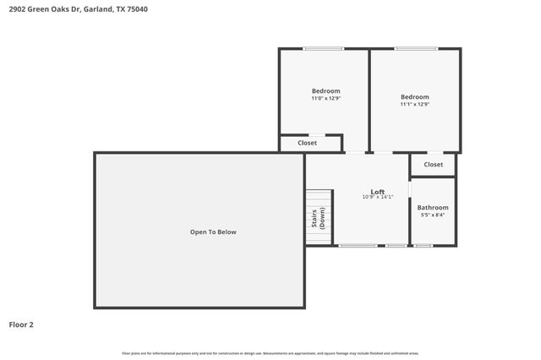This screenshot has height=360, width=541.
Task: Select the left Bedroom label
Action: click(x=325, y=91)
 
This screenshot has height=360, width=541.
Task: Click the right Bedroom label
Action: click(x=414, y=96)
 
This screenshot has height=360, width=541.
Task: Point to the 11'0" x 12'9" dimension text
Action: click(x=325, y=99)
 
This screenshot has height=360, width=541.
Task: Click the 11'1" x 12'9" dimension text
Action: click(x=414, y=105)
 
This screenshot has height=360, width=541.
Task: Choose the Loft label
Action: click(x=377, y=191)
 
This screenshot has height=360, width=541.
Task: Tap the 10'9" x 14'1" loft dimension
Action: click(x=377, y=197)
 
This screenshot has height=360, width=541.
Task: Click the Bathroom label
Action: click(x=433, y=207)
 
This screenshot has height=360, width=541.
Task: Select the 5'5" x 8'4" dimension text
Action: click(x=433, y=215)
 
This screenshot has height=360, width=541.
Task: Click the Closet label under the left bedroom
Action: click(x=308, y=144)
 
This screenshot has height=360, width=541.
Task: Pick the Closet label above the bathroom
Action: click(x=433, y=165)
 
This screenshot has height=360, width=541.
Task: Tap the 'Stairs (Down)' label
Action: click(x=318, y=218)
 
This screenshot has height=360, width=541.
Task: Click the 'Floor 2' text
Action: click(x=21, y=324)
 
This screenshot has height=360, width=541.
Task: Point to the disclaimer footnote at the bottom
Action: click(x=270, y=353)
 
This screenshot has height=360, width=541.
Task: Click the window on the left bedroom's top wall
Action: click(x=323, y=49)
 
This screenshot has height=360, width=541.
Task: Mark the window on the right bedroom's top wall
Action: click(x=415, y=49)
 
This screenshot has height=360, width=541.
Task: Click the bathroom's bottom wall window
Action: click(x=423, y=246)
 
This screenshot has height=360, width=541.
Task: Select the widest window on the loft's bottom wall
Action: click(x=358, y=246)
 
